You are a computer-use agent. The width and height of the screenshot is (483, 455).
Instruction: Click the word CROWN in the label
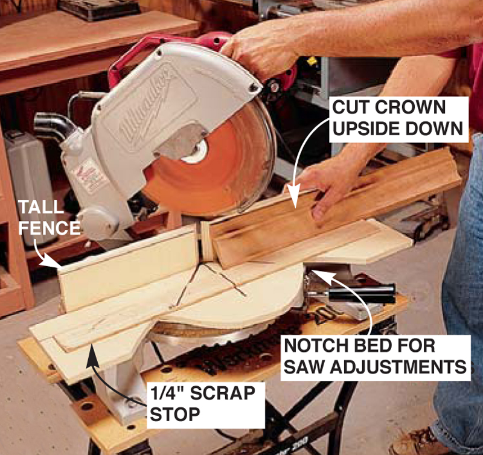[x=411, y=107]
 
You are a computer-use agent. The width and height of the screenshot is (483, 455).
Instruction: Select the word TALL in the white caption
[x=41, y=207]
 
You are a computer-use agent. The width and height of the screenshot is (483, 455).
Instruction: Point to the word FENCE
[x=50, y=228]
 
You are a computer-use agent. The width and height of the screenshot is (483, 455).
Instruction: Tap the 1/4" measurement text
[x=167, y=392]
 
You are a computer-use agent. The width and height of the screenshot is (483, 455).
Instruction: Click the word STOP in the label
[x=175, y=414]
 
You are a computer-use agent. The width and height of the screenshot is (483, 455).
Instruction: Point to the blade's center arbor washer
[x=194, y=153]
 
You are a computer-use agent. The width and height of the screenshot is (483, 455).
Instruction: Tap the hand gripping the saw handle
[x=262, y=52]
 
